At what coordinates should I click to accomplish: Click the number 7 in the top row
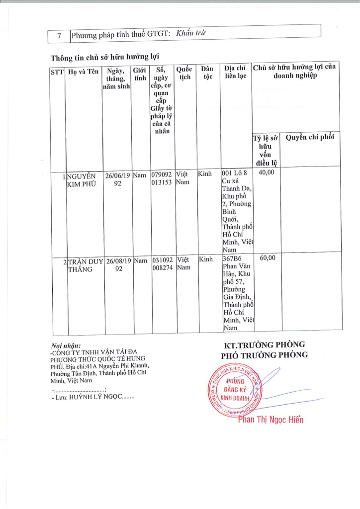[59, 35]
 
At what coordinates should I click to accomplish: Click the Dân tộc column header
[208, 73]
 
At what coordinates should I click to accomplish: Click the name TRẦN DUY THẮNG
[85, 265]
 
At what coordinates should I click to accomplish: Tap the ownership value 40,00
[267, 172]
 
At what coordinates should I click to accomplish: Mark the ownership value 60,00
[268, 257]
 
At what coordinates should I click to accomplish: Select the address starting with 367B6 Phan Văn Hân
[237, 293]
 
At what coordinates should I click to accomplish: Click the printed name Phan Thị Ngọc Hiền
[270, 420]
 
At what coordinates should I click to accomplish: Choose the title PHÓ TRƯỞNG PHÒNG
[264, 355]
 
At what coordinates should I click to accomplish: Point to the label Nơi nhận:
[66, 345]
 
